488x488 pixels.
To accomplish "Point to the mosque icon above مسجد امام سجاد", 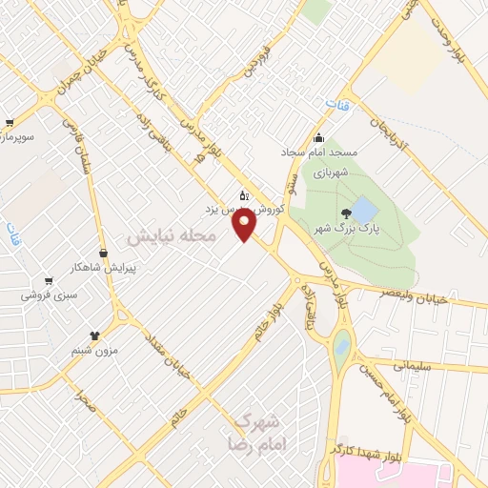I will (x=319, y=137).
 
